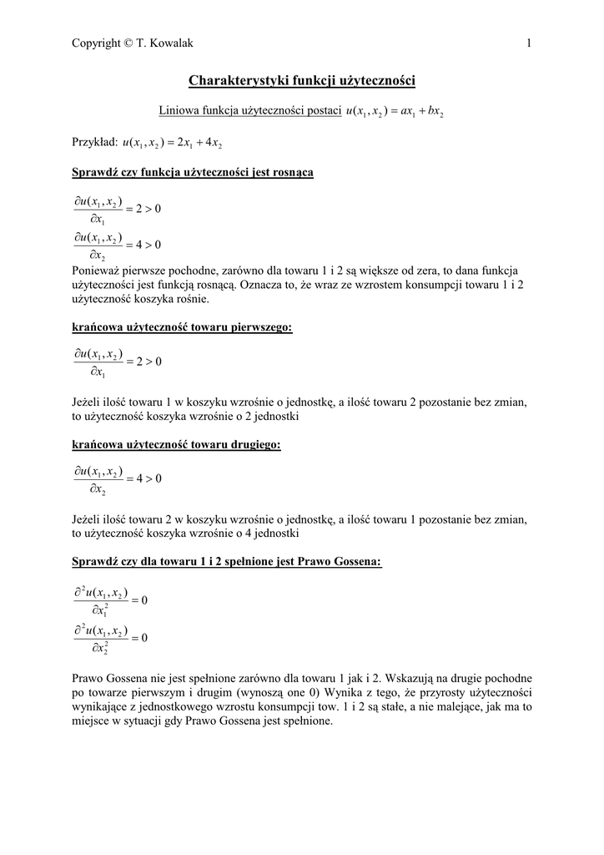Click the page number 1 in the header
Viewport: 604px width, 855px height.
click(x=529, y=43)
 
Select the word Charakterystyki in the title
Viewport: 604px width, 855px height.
click(x=239, y=81)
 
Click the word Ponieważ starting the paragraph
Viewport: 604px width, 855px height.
click(x=99, y=271)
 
